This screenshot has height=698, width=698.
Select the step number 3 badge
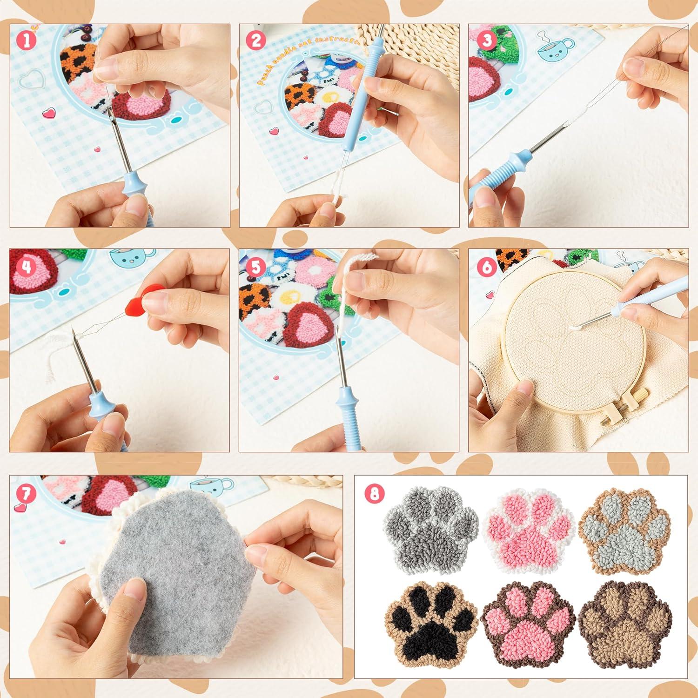[x=487, y=40]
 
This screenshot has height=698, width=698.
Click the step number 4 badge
[x=27, y=267]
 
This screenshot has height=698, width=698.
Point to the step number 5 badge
[x=255, y=267]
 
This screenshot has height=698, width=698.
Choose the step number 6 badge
[x=487, y=267]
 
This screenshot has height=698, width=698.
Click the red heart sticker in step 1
[x=48, y=113]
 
